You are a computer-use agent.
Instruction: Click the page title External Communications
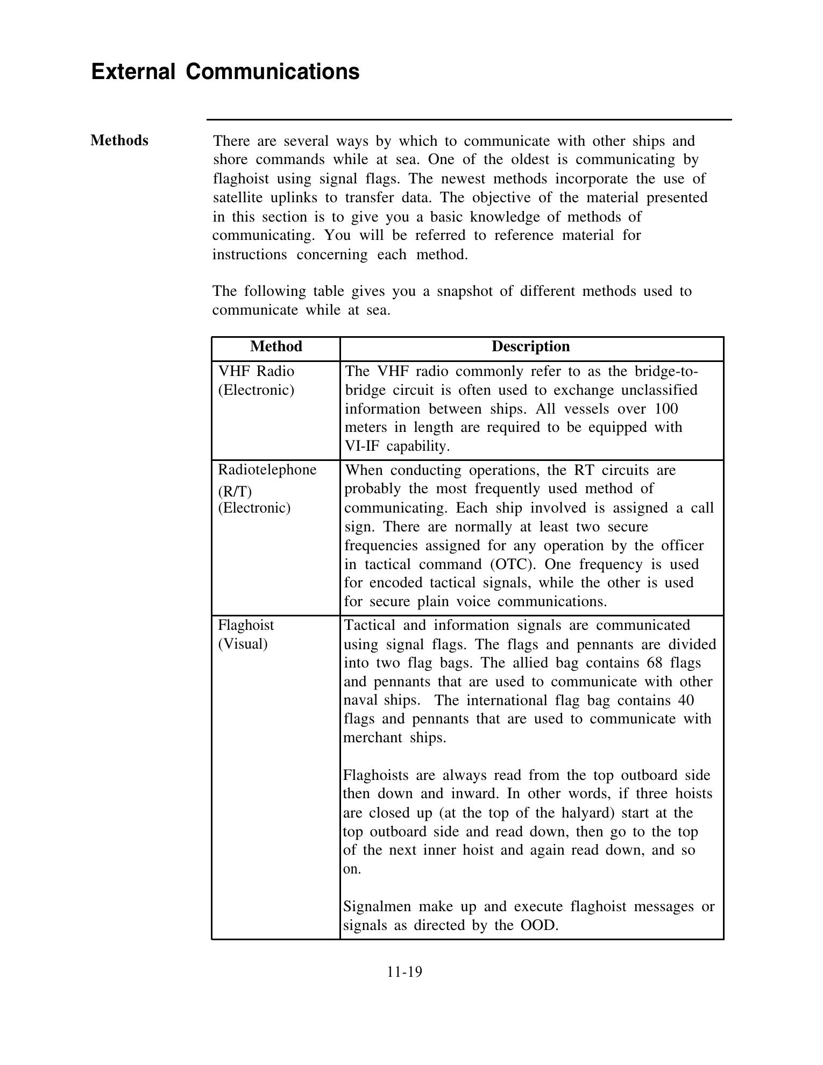(225, 72)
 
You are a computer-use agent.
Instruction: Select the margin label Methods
(119, 140)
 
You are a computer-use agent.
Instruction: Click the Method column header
(276, 346)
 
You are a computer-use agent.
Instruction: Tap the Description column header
(530, 346)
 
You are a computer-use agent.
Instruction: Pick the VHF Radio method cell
(256, 380)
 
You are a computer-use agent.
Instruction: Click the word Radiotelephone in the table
(267, 470)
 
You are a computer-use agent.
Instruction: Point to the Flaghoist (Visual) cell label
(246, 634)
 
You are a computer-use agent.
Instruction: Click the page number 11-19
(404, 972)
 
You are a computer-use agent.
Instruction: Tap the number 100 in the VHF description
(666, 409)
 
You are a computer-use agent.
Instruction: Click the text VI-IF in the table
(361, 446)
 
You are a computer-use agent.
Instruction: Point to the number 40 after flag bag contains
(686, 700)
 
